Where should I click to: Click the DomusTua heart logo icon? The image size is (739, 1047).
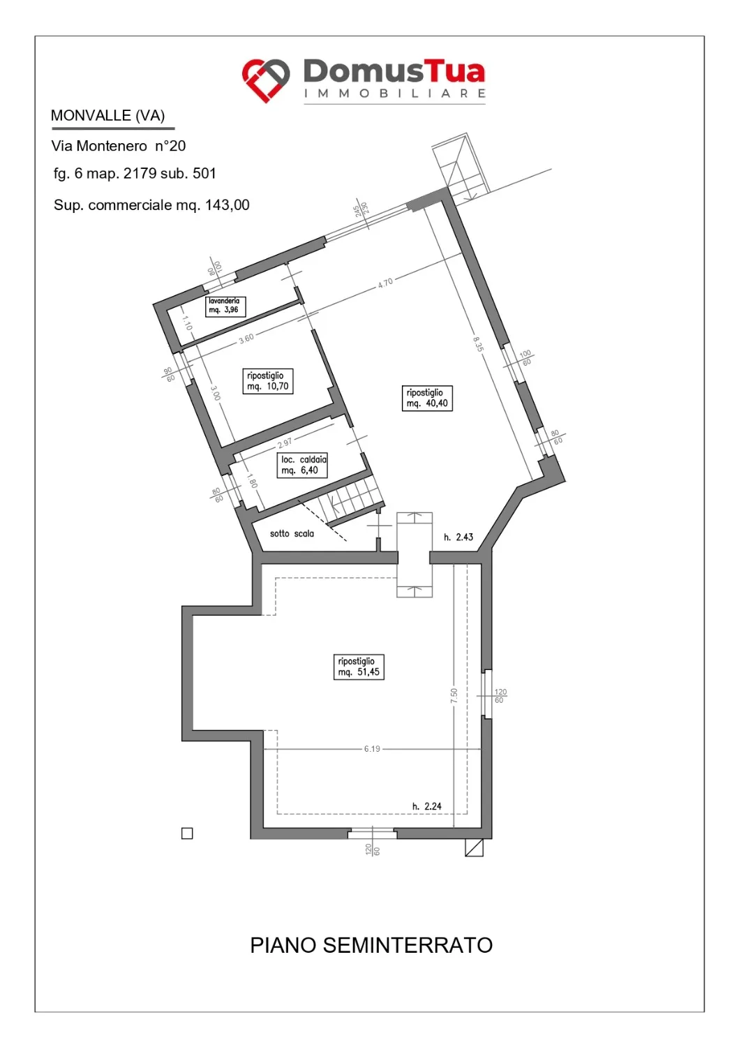265,81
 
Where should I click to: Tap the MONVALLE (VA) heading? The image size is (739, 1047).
108,115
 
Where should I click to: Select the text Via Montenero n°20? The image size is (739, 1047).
119,147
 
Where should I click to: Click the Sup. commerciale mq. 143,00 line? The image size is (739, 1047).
151,205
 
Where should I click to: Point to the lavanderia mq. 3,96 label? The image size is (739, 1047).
225,306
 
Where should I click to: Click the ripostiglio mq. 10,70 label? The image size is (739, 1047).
268,381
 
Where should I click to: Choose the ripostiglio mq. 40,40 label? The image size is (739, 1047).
427,399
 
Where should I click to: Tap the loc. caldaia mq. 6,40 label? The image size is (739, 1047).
302,465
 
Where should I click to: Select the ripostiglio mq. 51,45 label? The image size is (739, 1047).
359,667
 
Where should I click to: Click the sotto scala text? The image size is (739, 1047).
292,534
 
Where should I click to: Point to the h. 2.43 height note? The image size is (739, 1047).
458,537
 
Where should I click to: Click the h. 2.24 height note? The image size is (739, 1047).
426,806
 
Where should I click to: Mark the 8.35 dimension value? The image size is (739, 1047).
478,343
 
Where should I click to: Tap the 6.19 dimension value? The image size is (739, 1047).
372,749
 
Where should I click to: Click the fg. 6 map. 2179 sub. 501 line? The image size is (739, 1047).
135,174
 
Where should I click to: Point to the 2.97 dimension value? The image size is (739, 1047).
284,442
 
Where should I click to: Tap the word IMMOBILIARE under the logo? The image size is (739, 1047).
395,94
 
